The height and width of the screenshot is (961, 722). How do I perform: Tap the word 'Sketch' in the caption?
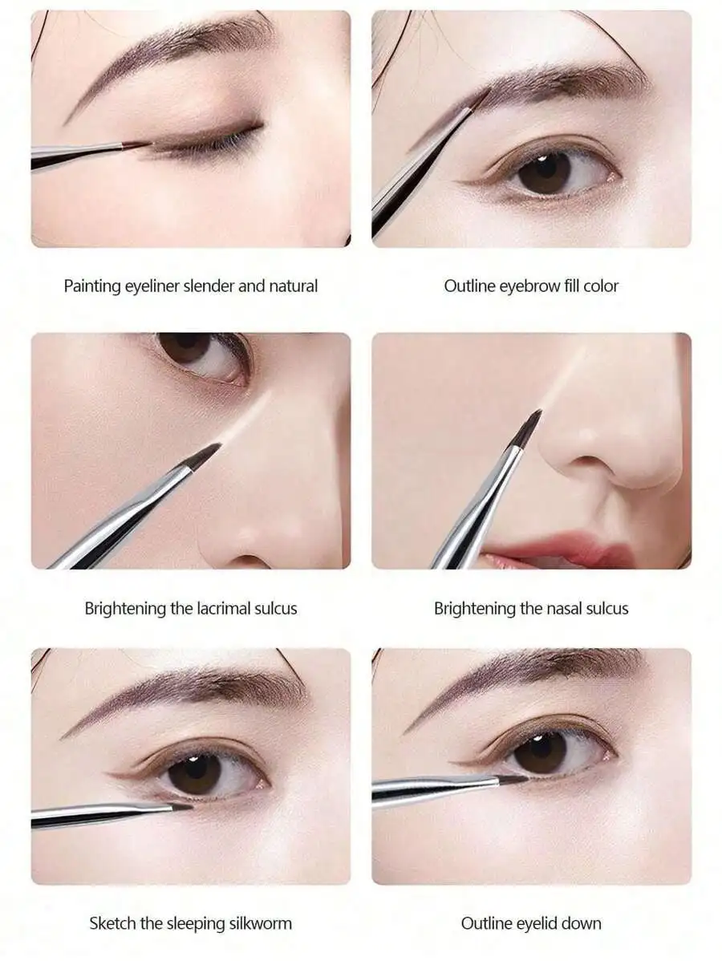coord(112,923)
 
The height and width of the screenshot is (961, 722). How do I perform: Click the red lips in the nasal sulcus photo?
coord(562,552)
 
